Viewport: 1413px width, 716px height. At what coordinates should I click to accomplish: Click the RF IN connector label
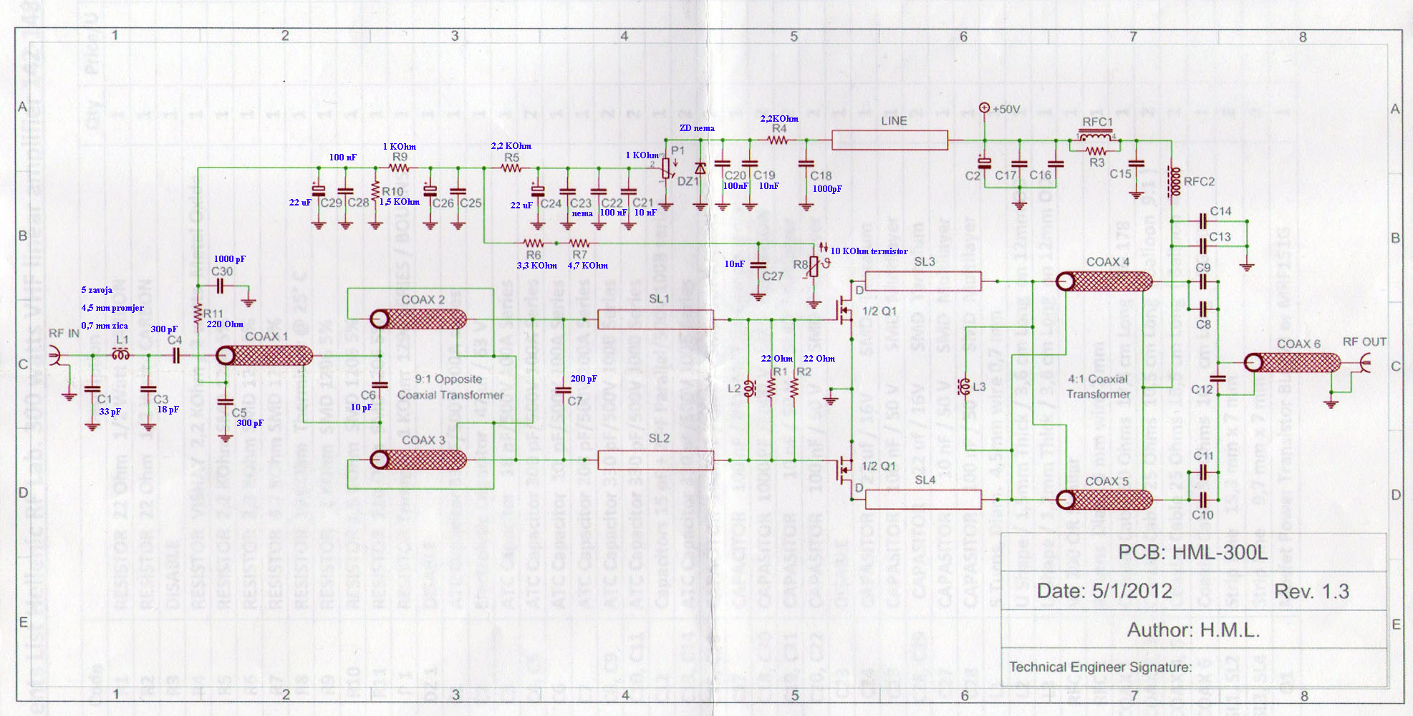tap(64, 334)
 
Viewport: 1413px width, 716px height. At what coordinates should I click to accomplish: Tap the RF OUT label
tap(1364, 342)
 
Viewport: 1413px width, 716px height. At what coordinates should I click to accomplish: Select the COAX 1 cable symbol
tap(264, 356)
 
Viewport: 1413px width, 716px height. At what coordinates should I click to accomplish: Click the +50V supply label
tap(1006, 110)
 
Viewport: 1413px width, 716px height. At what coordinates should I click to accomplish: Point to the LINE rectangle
tap(889, 140)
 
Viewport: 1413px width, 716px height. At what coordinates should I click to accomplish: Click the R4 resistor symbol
tap(778, 140)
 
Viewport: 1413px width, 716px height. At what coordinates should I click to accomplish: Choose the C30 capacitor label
tap(221, 272)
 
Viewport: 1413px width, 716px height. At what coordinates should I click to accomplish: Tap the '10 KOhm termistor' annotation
tap(869, 251)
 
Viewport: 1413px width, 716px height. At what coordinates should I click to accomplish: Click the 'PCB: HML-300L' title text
tap(1192, 553)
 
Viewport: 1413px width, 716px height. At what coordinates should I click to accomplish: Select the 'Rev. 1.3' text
tap(1311, 591)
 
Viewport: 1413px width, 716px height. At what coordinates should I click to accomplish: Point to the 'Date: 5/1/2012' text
tap(1104, 591)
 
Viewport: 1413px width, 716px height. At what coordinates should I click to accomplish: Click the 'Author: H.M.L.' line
tap(1192, 630)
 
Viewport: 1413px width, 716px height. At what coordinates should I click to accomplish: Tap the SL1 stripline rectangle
tap(655, 319)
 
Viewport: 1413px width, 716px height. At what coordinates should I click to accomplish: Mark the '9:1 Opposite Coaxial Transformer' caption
tap(450, 387)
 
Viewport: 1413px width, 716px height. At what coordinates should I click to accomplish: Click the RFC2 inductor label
tap(1199, 182)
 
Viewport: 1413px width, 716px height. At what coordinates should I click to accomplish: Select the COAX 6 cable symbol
tap(1292, 362)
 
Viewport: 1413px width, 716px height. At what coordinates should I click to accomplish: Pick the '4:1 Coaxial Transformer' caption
tap(1098, 387)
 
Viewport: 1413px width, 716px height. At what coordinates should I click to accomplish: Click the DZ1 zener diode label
tap(688, 182)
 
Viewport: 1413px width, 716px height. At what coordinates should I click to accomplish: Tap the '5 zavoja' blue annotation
tap(97, 290)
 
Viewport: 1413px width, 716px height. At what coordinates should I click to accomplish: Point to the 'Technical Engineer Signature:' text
tap(1100, 667)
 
